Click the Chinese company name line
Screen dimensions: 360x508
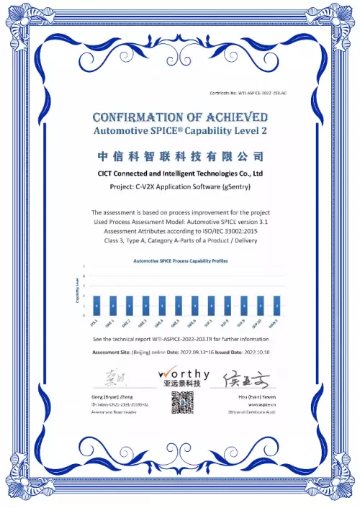click(179, 156)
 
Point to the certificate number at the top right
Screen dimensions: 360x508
click(248, 94)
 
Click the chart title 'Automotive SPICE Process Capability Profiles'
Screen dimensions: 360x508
click(179, 260)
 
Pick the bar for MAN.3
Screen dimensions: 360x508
click(276, 306)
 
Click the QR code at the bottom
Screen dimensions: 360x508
click(180, 403)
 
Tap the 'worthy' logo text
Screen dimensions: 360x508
click(184, 374)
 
